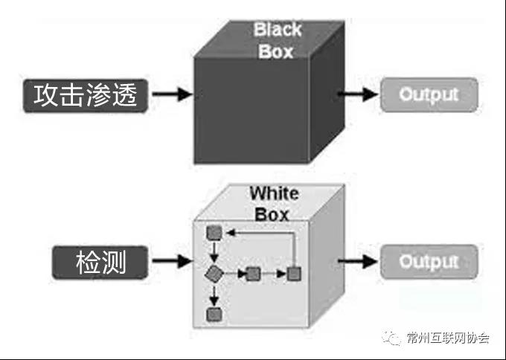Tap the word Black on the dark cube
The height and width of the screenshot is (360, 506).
coord(278,30)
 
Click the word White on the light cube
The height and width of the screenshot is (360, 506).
coord(273,193)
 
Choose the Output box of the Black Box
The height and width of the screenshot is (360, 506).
coord(428,94)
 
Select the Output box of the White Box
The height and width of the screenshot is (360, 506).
coord(428,261)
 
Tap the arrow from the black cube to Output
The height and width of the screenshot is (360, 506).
coord(359,94)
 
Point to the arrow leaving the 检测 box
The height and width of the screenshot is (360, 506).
coord(176,261)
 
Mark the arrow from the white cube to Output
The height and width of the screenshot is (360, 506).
coord(359,261)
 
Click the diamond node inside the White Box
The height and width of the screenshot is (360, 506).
coord(214,273)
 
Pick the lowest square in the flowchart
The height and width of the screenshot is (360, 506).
coord(214,314)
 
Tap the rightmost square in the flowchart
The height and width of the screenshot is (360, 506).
coord(295,273)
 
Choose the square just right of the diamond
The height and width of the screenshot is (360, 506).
coord(253,273)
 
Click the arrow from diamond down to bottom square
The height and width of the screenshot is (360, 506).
coord(214,295)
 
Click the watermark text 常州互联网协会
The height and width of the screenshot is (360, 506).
coord(447,339)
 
